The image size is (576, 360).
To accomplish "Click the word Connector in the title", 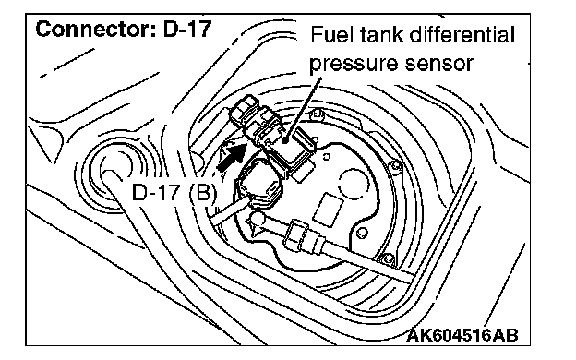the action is [92, 29].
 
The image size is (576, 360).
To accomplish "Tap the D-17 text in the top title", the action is [187, 29].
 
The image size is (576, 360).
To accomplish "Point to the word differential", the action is [462, 35].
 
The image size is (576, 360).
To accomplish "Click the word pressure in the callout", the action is [352, 64].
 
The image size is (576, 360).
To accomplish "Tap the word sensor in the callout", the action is [438, 64].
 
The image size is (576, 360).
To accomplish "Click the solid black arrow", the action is [231, 157].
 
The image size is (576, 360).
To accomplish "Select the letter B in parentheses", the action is [203, 193].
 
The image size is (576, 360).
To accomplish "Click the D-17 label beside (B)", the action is [156, 193].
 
